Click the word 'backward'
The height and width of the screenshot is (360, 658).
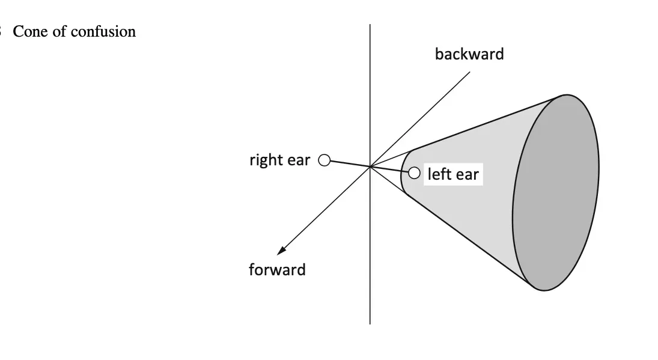pyautogui.click(x=469, y=54)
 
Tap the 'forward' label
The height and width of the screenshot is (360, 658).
pyautogui.click(x=277, y=270)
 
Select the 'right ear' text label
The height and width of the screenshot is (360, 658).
pyautogui.click(x=279, y=160)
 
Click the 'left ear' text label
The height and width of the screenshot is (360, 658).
pyautogui.click(x=453, y=174)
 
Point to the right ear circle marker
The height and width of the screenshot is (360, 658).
pyautogui.click(x=324, y=160)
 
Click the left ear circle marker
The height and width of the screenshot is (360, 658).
pyautogui.click(x=414, y=173)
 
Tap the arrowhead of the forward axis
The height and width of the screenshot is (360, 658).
pyautogui.click(x=281, y=251)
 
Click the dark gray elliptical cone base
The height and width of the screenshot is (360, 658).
pyautogui.click(x=556, y=192)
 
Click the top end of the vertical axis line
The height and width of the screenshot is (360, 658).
pyautogui.click(x=370, y=25)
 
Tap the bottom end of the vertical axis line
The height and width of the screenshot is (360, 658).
pyautogui.click(x=370, y=323)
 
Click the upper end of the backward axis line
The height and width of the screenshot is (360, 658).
pyautogui.click(x=469, y=73)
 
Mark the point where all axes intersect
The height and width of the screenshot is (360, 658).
pyautogui.click(x=370, y=166)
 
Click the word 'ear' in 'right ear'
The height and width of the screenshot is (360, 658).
pyautogui.click(x=299, y=160)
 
